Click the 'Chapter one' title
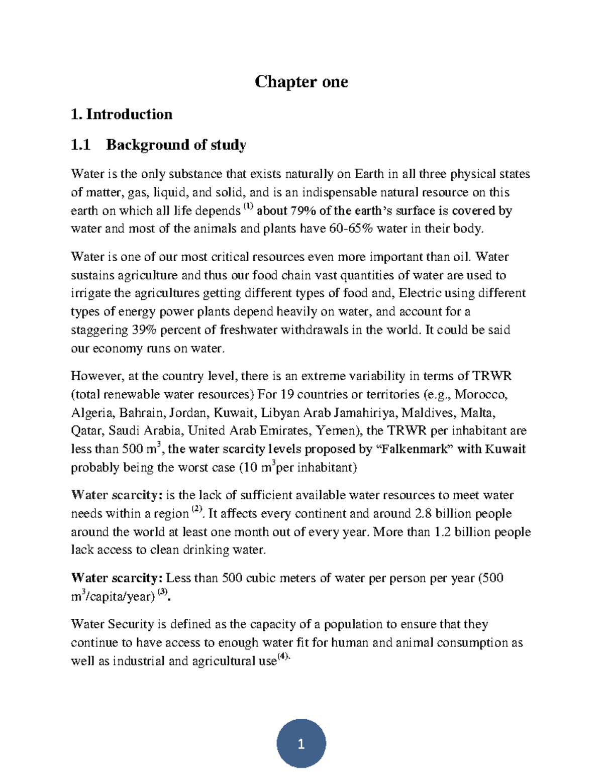tap(301, 81)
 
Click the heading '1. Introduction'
tap(122, 115)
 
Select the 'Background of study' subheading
tap(176, 145)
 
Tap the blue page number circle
tap(301, 743)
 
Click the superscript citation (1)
tap(249, 206)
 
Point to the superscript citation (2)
tap(196, 509)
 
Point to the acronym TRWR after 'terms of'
tap(491, 376)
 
